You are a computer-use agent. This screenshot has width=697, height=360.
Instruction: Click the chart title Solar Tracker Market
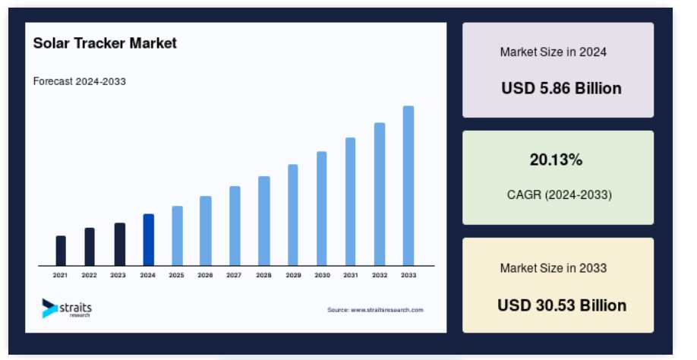point(105,43)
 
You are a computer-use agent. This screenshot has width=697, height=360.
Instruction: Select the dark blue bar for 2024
point(149,240)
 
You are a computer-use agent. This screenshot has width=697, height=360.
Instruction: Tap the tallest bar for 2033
point(408,186)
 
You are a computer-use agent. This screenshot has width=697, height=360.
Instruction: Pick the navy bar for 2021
point(61,251)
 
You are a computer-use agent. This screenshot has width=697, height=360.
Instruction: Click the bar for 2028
point(264,221)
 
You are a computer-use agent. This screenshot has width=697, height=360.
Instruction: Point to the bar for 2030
point(322,208)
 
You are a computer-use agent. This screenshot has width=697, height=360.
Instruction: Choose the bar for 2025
point(178,235)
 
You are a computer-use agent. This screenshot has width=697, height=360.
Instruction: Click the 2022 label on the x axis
point(89,275)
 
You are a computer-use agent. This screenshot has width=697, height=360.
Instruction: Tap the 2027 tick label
point(234,275)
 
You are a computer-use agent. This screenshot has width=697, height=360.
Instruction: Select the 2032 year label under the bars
point(380,275)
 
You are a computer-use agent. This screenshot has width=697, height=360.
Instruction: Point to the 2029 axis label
point(293,275)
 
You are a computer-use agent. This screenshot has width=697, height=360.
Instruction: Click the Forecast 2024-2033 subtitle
point(80,81)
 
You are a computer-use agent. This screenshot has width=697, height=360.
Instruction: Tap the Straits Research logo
point(67,308)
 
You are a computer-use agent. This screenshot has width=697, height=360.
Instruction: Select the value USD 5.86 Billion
point(561,88)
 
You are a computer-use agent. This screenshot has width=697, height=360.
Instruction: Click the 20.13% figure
point(556,159)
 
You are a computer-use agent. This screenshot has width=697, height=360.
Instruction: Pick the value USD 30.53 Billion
point(562,305)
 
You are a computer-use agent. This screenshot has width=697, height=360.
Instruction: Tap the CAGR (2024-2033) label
point(560,194)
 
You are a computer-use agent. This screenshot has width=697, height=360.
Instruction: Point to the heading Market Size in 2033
point(553,268)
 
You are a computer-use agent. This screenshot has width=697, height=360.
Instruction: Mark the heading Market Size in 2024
point(553,52)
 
